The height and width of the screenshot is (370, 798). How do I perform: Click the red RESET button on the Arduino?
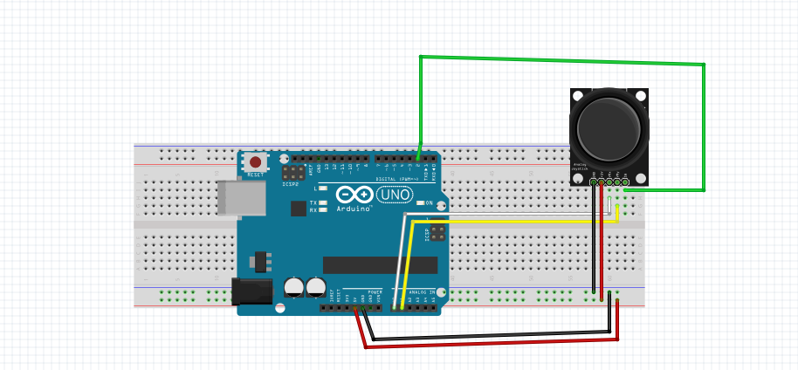[x=255, y=162]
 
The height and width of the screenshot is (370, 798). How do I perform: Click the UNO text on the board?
[x=395, y=195]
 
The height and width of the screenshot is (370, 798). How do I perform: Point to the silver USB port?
[x=241, y=198]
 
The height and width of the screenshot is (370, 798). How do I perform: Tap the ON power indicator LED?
[x=419, y=202]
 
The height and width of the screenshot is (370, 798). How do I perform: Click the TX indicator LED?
[x=323, y=202]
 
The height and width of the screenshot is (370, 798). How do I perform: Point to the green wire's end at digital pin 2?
[x=419, y=159]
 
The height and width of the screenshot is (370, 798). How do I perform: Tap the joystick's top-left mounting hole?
[x=577, y=94]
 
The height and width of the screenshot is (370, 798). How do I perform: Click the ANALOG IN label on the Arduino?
[x=422, y=292]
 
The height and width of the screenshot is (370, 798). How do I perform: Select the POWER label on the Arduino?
[x=375, y=291]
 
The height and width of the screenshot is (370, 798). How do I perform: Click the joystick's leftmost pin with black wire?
[x=594, y=181]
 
